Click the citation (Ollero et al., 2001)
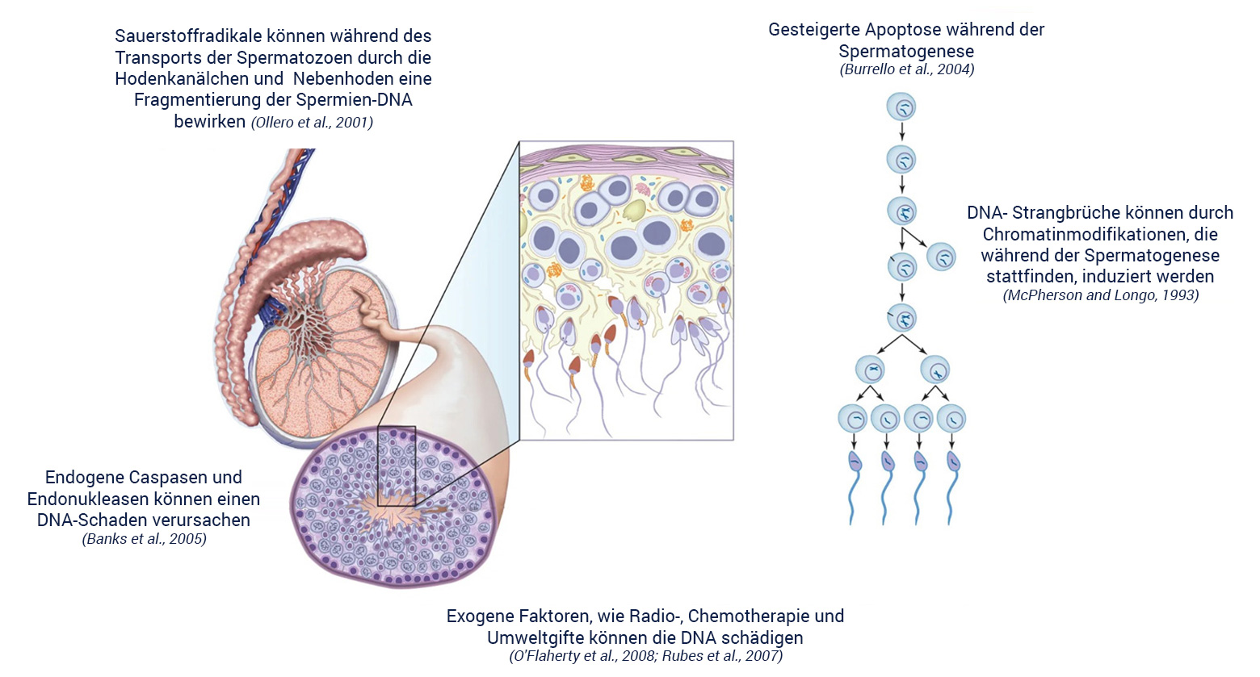coord(312,123)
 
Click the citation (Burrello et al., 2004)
coord(906,69)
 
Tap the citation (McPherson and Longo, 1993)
coord(1100,295)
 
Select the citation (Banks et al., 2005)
coord(144,539)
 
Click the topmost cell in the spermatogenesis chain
coord(901,107)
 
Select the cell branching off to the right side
coord(941,257)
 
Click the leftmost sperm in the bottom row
coord(855,484)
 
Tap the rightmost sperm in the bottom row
coord(953,484)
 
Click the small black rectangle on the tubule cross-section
coord(396,466)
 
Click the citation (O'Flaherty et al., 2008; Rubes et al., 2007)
coord(645,656)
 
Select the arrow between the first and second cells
coord(902,132)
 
